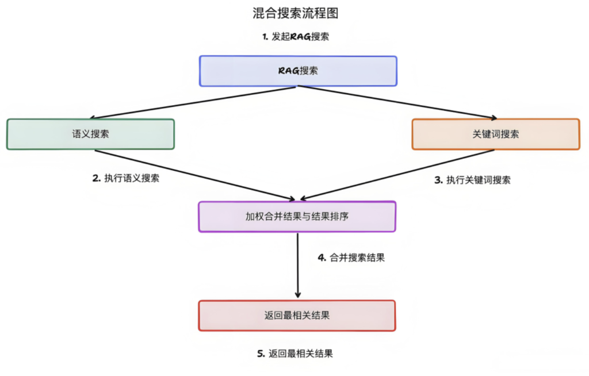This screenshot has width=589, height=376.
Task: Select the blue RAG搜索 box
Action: point(298,71)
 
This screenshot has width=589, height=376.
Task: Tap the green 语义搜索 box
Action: point(90,134)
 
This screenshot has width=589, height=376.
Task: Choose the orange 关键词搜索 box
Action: point(495,134)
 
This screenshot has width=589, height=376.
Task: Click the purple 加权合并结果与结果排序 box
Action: point(297,217)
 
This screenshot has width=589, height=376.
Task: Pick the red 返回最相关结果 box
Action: point(297,316)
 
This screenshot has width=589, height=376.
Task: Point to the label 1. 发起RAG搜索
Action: point(296,36)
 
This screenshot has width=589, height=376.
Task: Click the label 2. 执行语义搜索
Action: point(126,178)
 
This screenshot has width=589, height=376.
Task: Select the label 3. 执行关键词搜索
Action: point(472,180)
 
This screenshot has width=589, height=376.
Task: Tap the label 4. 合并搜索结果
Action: point(351,258)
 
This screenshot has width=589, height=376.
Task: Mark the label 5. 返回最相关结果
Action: point(294,354)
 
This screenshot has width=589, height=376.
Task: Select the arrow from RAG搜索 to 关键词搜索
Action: point(397,102)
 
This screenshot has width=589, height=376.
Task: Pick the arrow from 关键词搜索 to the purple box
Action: point(397,175)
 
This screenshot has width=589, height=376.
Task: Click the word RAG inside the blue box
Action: point(288,71)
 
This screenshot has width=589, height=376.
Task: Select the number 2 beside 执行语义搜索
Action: point(95,178)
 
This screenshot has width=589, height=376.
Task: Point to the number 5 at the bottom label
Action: point(260,354)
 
